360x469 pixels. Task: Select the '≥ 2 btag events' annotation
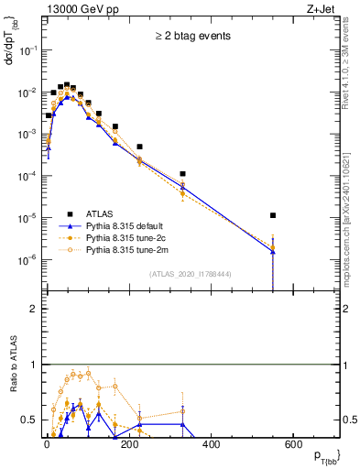coord(193,36)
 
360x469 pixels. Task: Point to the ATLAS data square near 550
coord(273,215)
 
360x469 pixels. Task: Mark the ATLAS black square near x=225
coord(140,147)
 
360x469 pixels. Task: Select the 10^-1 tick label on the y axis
coord(27,50)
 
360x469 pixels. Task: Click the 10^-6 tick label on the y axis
coord(27,259)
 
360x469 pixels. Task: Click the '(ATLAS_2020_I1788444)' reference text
coord(191,273)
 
